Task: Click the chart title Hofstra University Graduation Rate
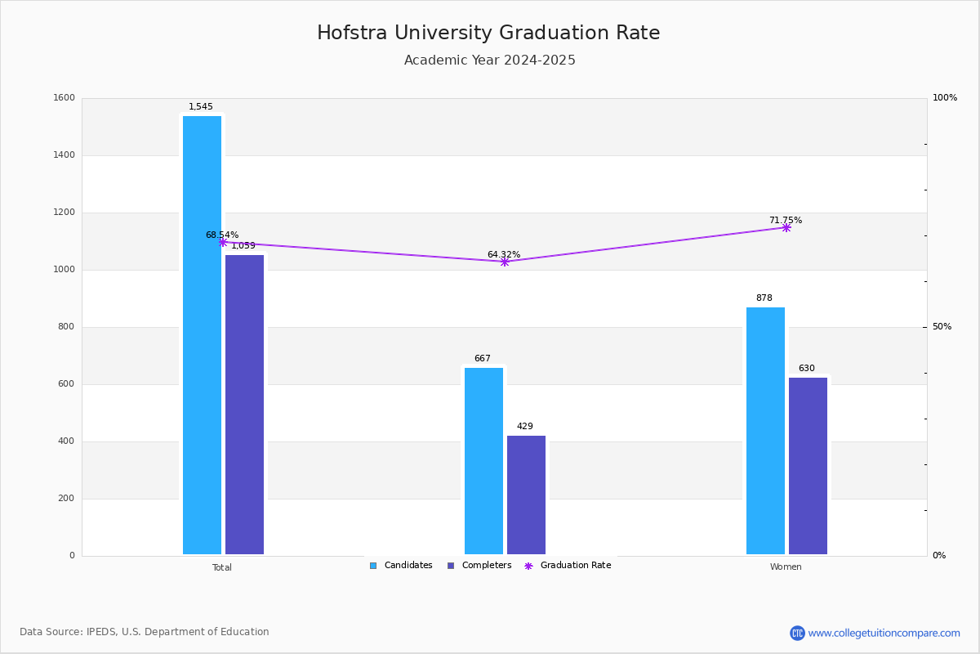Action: pos(488,33)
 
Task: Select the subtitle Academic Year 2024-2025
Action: pos(489,60)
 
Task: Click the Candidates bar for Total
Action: pos(203,335)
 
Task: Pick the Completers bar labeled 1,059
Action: pos(244,405)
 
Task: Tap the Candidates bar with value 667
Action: pos(483,461)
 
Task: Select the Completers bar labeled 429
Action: pos(526,495)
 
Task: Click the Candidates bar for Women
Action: pos(766,431)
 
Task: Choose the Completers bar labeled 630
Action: pos(808,466)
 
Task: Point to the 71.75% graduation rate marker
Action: pos(786,228)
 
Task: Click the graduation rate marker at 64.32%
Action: pos(505,262)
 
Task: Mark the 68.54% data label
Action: pos(222,235)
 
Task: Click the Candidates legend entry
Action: pos(401,566)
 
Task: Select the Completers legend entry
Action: pos(479,566)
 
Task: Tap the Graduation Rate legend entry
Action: pos(568,566)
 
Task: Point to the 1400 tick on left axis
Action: pos(65,155)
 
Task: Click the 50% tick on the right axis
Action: pos(942,327)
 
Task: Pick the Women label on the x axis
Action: pos(786,567)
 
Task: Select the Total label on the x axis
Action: pos(222,567)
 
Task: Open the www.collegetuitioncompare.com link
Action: pos(884,633)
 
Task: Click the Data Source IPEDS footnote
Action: pos(145,632)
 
